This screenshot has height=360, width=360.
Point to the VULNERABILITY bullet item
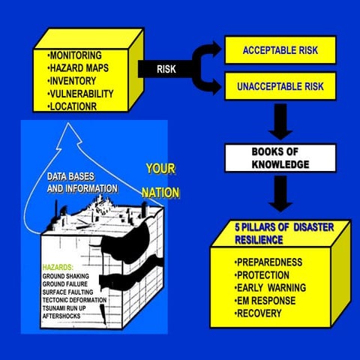tap(81, 93)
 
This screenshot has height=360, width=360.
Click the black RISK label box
tap(166, 69)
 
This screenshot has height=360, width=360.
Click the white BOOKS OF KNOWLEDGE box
tap(270, 156)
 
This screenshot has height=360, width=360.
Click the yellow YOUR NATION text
tap(161, 181)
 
